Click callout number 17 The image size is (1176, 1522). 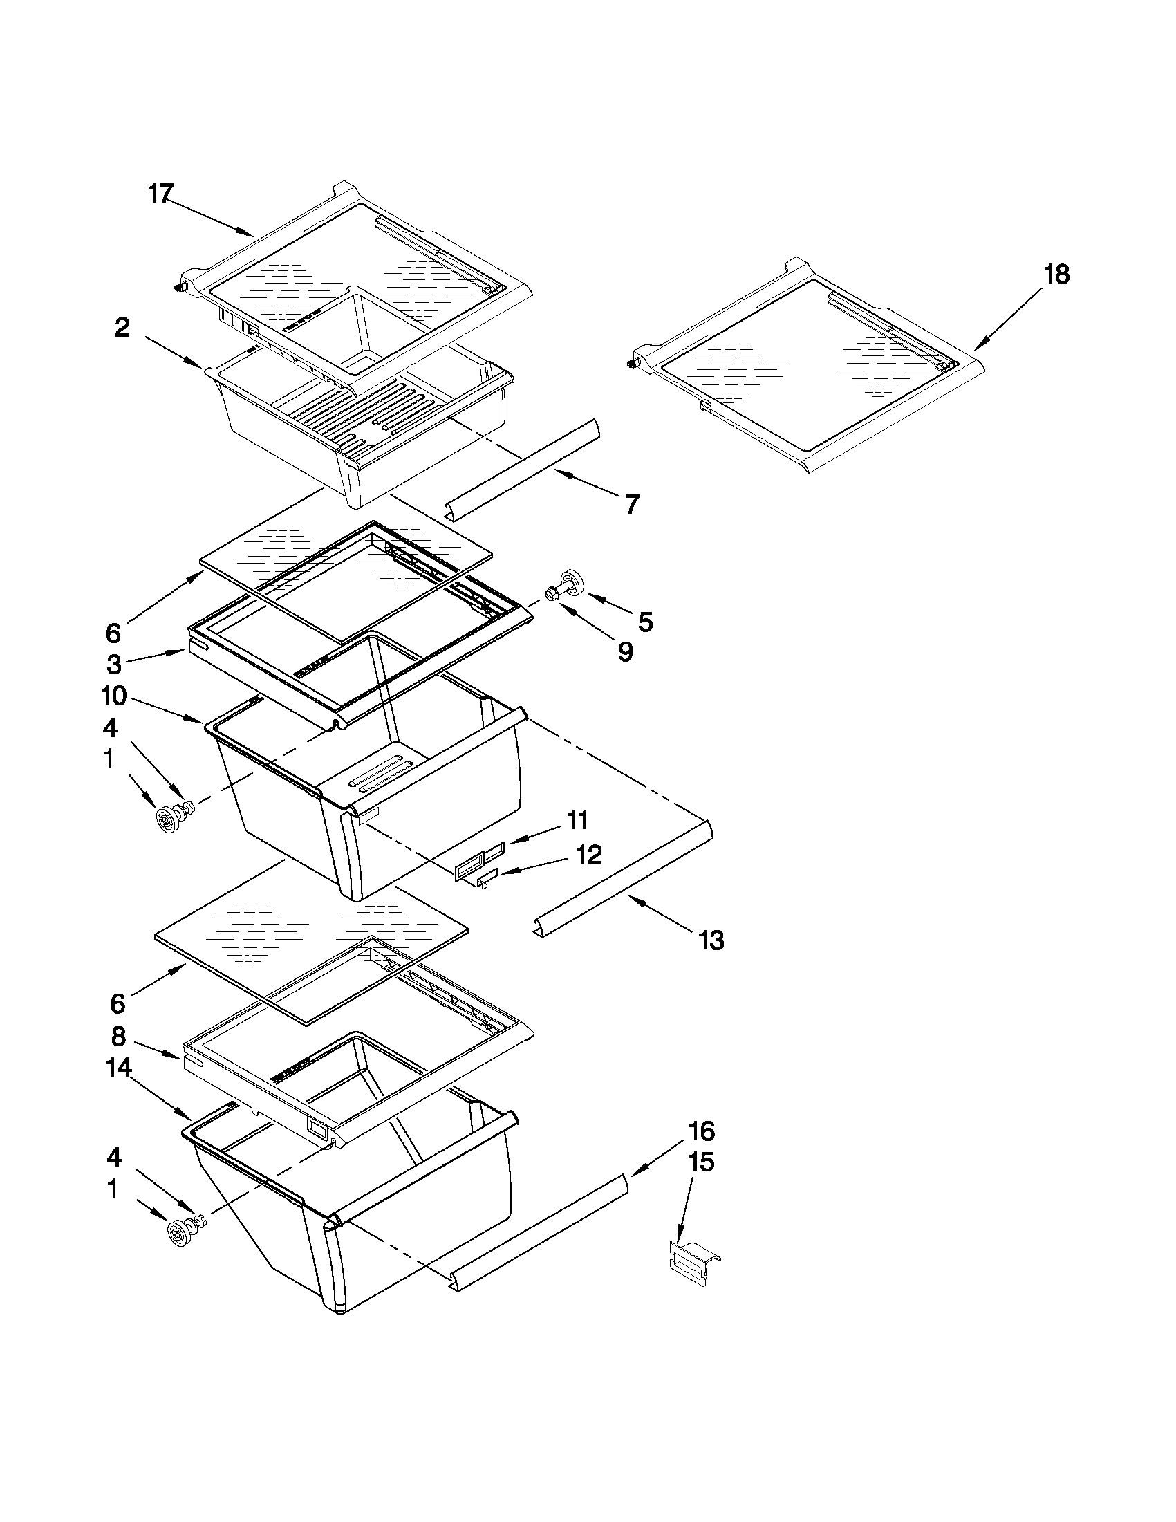click(160, 193)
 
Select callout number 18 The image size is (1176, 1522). click(1056, 275)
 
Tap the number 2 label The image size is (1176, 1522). click(122, 328)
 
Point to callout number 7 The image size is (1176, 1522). click(631, 504)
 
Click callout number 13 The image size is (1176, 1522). click(711, 941)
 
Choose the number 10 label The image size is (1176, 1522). click(113, 695)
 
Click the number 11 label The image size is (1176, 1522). click(577, 820)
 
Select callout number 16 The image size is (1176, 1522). click(702, 1130)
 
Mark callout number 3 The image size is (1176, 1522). click(113, 664)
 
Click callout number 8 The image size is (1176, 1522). click(119, 1037)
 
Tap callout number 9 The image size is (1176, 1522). click(625, 651)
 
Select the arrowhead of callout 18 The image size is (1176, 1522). click(977, 345)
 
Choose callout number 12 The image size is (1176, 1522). click(589, 855)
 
